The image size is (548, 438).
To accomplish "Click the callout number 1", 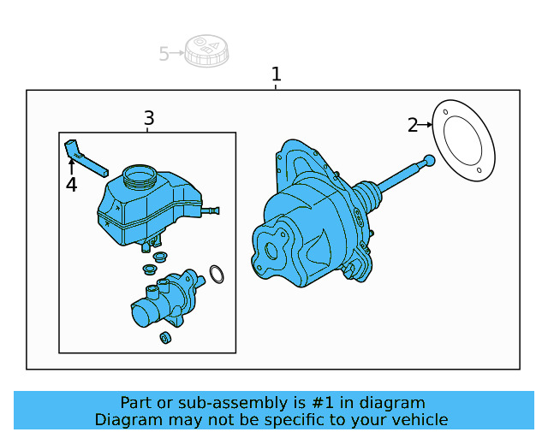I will click(x=276, y=74).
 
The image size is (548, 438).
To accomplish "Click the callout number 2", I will click(x=413, y=126).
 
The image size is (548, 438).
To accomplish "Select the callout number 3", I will click(x=149, y=118).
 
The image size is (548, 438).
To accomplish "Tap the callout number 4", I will click(x=71, y=185).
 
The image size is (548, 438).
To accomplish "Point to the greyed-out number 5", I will click(x=164, y=54).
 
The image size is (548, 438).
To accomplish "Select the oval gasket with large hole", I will click(x=463, y=141).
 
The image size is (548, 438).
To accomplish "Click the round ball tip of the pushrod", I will click(x=429, y=160).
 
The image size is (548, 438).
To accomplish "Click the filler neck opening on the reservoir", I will click(x=140, y=177).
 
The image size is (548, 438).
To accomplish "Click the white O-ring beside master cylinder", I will click(x=217, y=274).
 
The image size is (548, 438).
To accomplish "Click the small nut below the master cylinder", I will click(x=166, y=338).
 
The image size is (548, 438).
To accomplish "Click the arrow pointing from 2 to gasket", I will click(x=426, y=125).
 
